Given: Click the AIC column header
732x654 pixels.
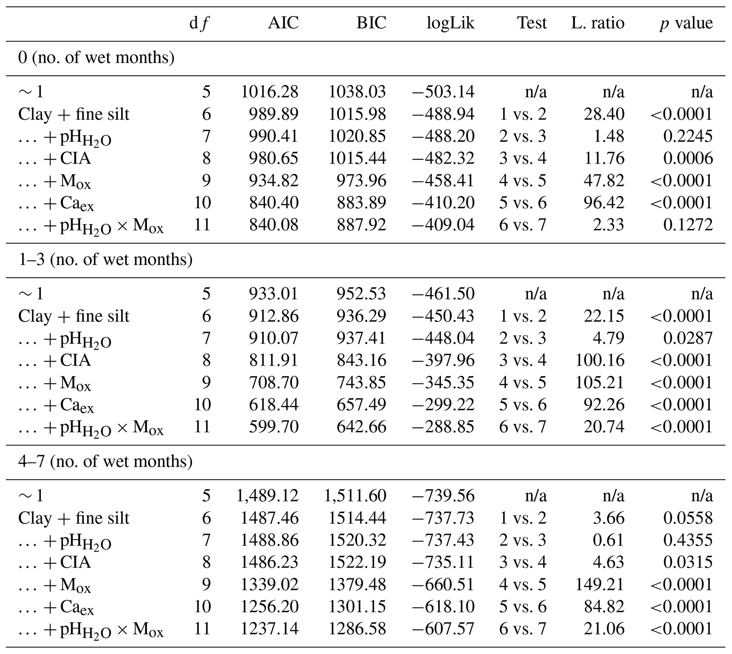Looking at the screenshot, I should (283, 23).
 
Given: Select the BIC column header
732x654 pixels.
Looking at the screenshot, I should (371, 23).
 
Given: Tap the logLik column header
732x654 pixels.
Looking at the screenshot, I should (450, 23).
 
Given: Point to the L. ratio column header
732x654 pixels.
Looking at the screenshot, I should (598, 23).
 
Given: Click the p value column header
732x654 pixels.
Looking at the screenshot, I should (686, 23).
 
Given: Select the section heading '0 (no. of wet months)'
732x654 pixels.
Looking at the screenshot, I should (96, 58).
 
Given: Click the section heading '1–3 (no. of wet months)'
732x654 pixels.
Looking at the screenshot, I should (105, 260).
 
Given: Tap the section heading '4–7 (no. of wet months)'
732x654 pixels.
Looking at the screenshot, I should (105, 462).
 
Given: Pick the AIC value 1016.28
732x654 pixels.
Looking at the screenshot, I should (269, 92).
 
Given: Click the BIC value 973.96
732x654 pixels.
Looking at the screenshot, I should (361, 181).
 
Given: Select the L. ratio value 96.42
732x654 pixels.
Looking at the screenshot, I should (604, 203).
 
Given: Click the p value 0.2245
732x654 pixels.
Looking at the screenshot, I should (688, 137).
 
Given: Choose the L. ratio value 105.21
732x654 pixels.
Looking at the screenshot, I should (600, 383).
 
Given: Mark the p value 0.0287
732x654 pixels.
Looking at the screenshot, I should (688, 339).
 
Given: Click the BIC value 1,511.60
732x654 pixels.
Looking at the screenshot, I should (355, 496).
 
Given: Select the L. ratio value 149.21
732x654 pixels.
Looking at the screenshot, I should (600, 585).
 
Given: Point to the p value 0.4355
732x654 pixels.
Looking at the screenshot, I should (688, 540).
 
